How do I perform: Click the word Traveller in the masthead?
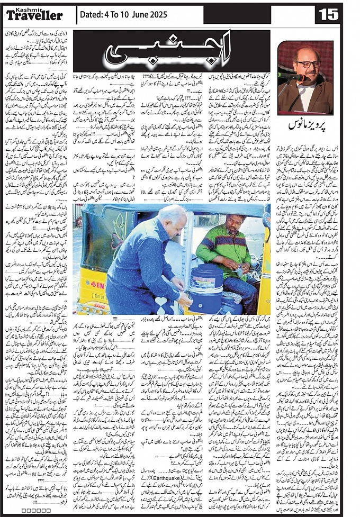(34, 16)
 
